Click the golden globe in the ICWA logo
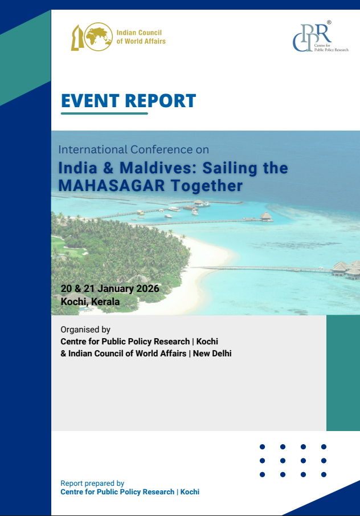pyautogui.click(x=99, y=36)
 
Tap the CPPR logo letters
pyautogui.click(x=312, y=38)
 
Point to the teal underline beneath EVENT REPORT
pyautogui.click(x=105, y=113)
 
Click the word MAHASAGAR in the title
pyautogui.click(x=112, y=186)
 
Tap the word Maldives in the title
pyautogui.click(x=157, y=168)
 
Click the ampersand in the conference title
pyautogui.click(x=108, y=168)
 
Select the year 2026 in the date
pyautogui.click(x=148, y=289)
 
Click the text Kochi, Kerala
pyautogui.click(x=90, y=302)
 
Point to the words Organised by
pyautogui.click(x=85, y=330)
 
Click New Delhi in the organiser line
pyautogui.click(x=212, y=354)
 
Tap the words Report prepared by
pyautogui.click(x=92, y=484)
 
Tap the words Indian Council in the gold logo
pyautogui.click(x=139, y=32)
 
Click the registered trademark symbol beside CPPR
pyautogui.click(x=329, y=22)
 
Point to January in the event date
pyautogui.click(x=116, y=289)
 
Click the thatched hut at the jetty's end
pyautogui.click(x=266, y=216)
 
